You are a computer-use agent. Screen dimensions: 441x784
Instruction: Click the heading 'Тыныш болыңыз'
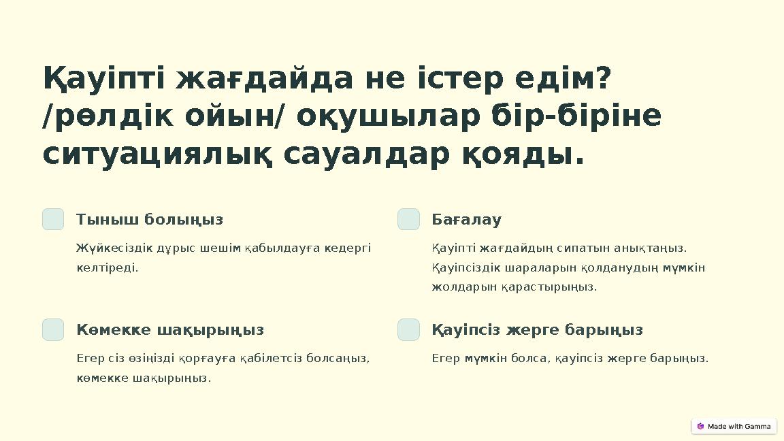tap(150, 220)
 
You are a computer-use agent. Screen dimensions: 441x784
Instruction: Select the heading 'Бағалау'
tap(466, 220)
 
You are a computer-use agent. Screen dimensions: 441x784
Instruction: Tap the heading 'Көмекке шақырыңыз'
tap(170, 330)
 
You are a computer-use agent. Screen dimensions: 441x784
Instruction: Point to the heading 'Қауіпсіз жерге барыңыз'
tap(537, 330)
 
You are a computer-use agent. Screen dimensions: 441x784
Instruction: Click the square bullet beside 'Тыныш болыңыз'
tap(53, 219)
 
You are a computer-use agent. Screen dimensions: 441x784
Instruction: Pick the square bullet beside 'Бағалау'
tap(408, 219)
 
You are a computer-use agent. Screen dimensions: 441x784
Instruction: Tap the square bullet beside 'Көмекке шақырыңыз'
tap(53, 329)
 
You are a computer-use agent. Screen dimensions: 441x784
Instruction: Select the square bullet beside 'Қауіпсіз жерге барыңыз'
tap(408, 329)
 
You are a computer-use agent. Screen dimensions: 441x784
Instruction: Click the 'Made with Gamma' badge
tap(734, 426)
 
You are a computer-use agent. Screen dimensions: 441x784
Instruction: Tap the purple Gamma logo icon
tap(700, 426)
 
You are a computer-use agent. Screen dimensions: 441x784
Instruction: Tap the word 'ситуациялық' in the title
tap(158, 154)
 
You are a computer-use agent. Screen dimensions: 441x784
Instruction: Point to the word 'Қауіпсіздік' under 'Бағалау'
tap(468, 267)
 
